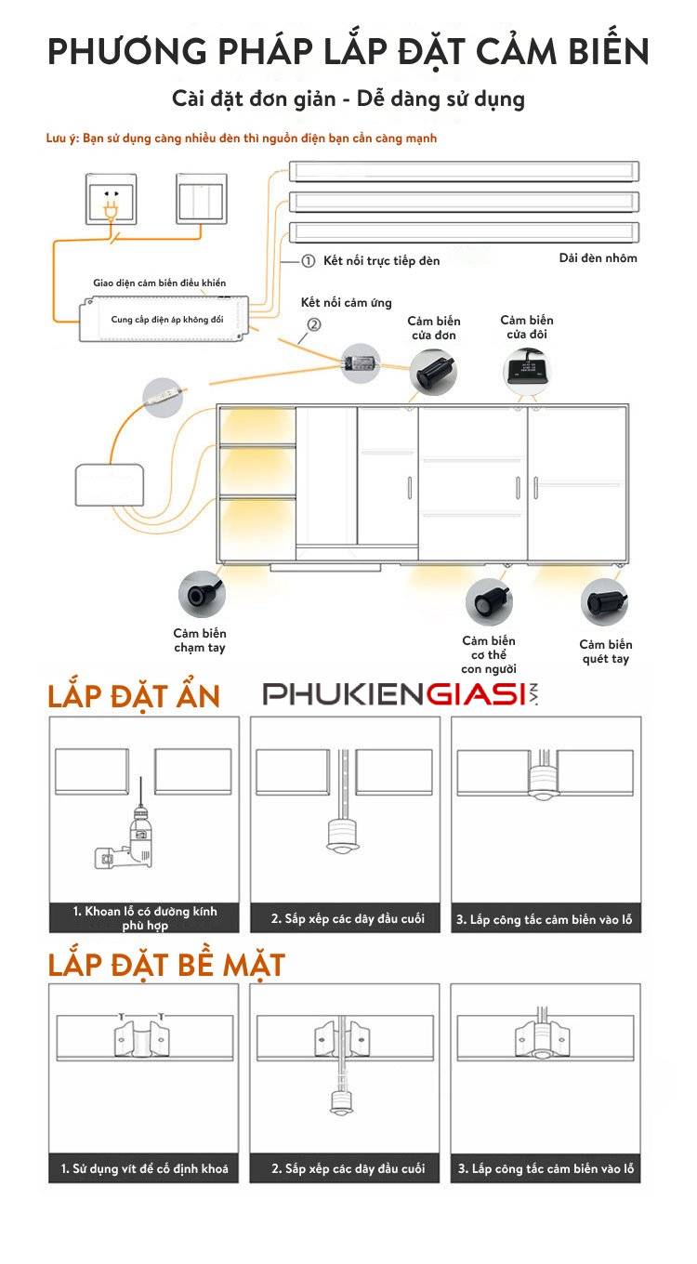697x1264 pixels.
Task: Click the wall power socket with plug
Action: pyautogui.click(x=111, y=200)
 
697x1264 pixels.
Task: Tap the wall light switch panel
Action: pyautogui.click(x=203, y=199)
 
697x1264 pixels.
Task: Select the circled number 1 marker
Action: pyautogui.click(x=309, y=261)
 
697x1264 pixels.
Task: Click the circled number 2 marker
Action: pyautogui.click(x=314, y=324)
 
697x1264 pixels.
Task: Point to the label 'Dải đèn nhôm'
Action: pyautogui.click(x=598, y=257)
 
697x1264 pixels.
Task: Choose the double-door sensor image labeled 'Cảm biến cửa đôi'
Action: pyautogui.click(x=527, y=369)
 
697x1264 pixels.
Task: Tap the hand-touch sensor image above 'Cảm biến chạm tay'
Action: pyautogui.click(x=201, y=593)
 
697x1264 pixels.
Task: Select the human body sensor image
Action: pyautogui.click(x=489, y=601)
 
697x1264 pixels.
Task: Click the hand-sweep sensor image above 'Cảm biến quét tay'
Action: pyautogui.click(x=605, y=601)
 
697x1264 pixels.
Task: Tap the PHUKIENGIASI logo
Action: pyautogui.click(x=400, y=694)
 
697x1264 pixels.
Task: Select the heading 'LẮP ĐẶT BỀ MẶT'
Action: pyautogui.click(x=166, y=965)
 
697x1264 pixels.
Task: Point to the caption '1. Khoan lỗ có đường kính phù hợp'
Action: pyautogui.click(x=145, y=918)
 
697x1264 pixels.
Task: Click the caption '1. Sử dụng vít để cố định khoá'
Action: pyautogui.click(x=145, y=1168)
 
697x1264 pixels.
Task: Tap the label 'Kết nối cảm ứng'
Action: pyautogui.click(x=347, y=303)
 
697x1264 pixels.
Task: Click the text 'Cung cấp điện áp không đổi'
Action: pyautogui.click(x=167, y=319)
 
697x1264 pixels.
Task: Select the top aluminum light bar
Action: pyautogui.click(x=464, y=171)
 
